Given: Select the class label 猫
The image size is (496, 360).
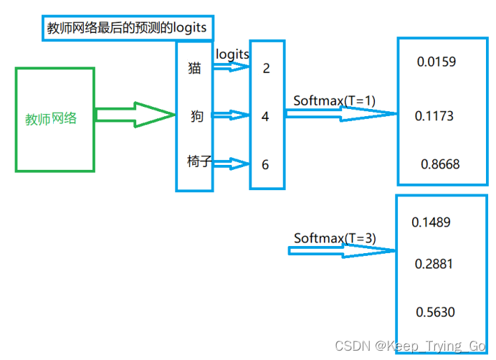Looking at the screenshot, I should point(194,69).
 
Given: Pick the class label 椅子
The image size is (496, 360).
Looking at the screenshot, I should point(199,162).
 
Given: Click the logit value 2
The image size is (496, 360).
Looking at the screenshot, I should point(266,69).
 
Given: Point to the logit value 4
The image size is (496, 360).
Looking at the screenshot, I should point(265,116).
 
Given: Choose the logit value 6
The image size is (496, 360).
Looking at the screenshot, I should point(265,164).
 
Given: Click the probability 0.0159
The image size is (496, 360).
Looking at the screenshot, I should point(436,62).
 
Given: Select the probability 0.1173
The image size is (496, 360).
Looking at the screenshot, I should point(434,115).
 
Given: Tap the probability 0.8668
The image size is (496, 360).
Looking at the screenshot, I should point(440,164).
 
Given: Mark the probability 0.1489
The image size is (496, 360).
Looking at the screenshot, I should point(431,222).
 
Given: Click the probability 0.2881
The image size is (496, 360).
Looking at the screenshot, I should point(434,264).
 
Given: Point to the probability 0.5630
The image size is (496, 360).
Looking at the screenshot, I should point(435,312).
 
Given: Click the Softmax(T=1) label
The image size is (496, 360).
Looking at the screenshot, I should point(334,100).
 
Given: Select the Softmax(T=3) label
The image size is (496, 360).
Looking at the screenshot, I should point(335,237).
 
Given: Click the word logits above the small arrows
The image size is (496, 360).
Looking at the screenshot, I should point(232,54).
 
